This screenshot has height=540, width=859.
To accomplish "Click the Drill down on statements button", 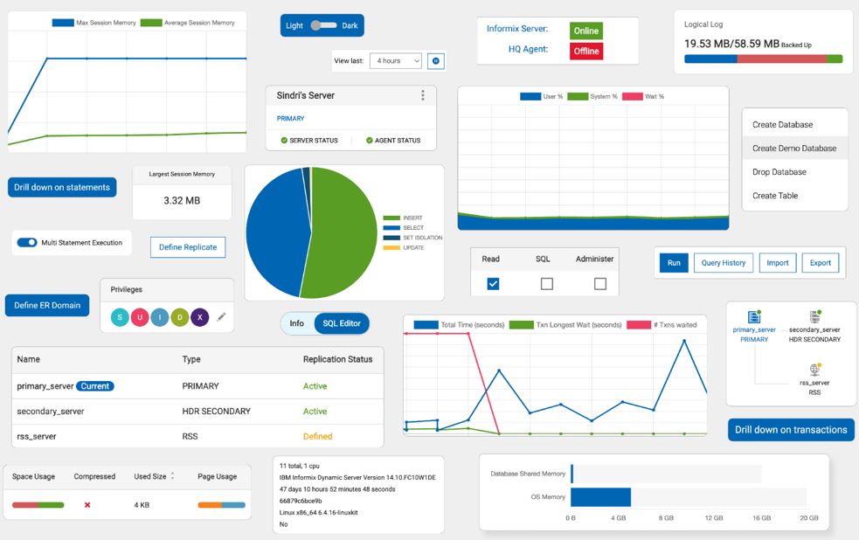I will (x=62, y=187).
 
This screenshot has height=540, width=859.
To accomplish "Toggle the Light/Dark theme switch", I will (x=322, y=25).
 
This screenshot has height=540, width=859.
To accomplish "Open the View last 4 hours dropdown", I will (x=395, y=60).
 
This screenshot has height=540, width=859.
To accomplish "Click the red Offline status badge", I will (x=585, y=51).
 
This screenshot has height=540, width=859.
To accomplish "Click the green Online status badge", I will (x=585, y=31).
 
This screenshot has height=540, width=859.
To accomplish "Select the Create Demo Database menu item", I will (x=793, y=149).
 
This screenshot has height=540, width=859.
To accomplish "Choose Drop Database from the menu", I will (x=779, y=172).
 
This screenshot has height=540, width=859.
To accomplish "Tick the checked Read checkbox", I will (x=493, y=283).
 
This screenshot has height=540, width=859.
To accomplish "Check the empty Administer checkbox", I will (x=599, y=283).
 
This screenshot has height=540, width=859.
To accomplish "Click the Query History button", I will (x=723, y=263).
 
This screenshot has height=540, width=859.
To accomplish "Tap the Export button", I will (x=820, y=263).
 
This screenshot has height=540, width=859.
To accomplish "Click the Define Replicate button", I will (x=188, y=247).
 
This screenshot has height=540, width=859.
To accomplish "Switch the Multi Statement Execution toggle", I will (x=27, y=243).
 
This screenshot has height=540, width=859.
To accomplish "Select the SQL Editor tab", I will (x=341, y=323).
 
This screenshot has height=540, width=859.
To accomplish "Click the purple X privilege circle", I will (x=200, y=317).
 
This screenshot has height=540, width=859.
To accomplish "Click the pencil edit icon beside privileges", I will (x=221, y=317).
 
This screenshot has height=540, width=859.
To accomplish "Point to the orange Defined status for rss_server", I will (x=317, y=436).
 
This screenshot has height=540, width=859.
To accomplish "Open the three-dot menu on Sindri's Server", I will (x=423, y=95).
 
